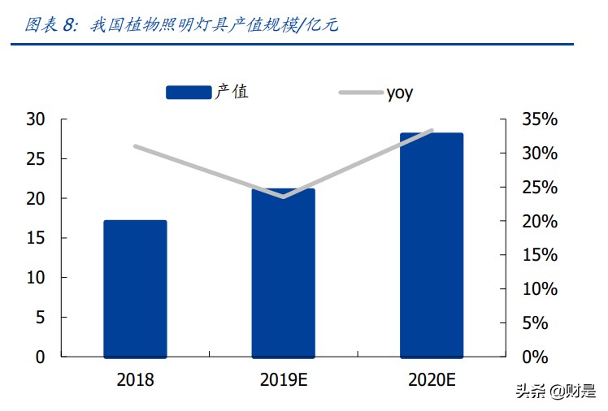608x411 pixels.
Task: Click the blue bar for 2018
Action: [x=135, y=288]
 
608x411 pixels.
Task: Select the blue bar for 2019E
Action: [x=283, y=273]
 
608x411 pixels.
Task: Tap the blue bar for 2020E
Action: [x=431, y=244]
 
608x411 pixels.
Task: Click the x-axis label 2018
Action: [x=135, y=379]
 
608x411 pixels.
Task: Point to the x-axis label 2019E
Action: [x=283, y=379]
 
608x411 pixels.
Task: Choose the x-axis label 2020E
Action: [x=431, y=379]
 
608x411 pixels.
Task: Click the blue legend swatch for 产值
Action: [x=189, y=93]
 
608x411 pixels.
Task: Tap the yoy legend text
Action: [x=399, y=93]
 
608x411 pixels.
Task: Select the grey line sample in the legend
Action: [x=360, y=93]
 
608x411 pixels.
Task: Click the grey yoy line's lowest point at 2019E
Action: [x=283, y=197]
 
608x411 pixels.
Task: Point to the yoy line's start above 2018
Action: [x=135, y=146]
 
